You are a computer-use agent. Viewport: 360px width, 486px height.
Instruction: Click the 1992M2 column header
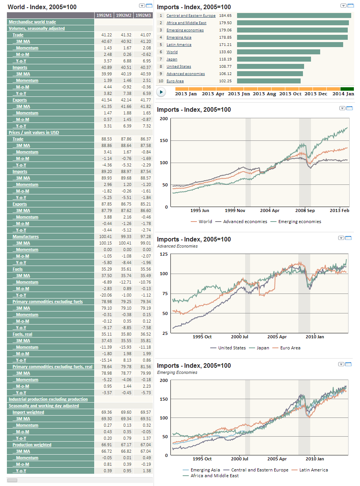123,15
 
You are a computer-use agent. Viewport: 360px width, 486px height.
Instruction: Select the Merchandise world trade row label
32,22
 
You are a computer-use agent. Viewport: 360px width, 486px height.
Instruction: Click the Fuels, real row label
23,334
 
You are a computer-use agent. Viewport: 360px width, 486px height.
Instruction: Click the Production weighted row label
32,445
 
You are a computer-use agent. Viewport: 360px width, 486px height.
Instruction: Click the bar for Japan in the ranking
274,59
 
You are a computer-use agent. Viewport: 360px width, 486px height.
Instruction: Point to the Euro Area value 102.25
225,81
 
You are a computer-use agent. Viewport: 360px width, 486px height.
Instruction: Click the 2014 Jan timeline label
343,94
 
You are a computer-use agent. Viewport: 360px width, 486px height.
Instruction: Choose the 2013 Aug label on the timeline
264,94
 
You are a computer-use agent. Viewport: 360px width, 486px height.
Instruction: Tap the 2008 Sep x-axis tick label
306,210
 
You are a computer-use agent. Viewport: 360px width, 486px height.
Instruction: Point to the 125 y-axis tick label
164,254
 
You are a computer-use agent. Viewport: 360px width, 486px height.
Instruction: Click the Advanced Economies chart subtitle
177,246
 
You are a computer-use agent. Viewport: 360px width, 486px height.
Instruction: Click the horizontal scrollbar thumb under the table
12,480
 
